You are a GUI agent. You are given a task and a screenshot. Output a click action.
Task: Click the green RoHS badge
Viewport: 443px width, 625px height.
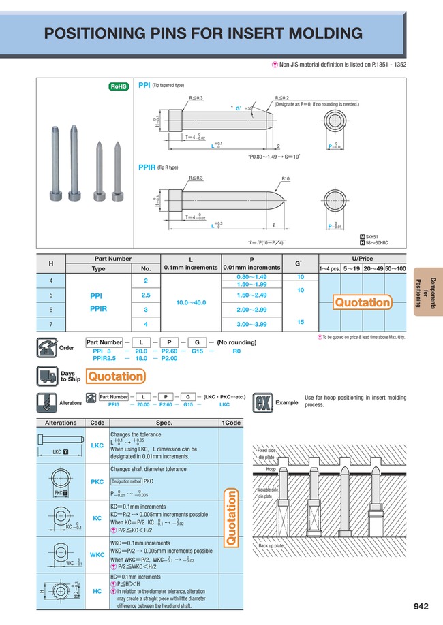(120, 86)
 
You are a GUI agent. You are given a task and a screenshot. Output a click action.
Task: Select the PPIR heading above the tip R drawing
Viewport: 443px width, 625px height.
(147, 167)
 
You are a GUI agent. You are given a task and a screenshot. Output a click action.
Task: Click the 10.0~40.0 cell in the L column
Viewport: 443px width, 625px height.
(191, 301)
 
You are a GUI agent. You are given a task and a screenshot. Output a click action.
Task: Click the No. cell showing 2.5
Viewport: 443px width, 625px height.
(145, 296)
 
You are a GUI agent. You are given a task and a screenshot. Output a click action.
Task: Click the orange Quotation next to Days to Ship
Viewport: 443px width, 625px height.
(117, 376)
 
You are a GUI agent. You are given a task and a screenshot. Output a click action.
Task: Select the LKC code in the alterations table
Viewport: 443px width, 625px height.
(97, 445)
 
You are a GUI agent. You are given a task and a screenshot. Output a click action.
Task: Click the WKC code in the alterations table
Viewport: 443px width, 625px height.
(97, 555)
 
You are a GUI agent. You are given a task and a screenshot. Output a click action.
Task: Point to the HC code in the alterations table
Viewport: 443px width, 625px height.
(97, 591)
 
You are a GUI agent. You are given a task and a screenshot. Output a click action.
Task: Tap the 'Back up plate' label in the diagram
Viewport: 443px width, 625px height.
(271, 546)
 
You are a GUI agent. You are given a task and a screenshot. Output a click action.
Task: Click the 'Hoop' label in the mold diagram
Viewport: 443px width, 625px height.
(271, 470)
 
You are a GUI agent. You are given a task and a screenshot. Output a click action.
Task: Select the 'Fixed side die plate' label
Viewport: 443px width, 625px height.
(266, 454)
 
